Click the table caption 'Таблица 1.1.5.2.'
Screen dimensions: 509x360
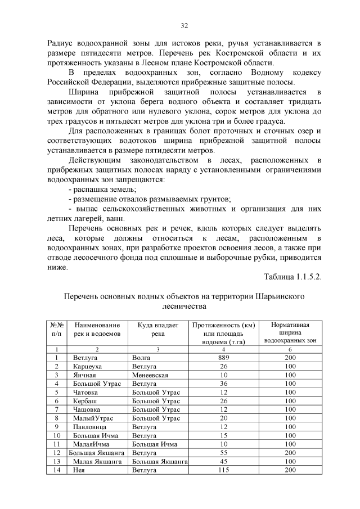292,277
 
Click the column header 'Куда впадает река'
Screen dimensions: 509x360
158,330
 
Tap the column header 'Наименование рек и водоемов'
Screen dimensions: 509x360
97,330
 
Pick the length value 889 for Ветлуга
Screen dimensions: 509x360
223,358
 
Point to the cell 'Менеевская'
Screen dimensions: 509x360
150,375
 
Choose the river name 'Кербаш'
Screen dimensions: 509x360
85,401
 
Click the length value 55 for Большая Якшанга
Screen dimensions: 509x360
223,453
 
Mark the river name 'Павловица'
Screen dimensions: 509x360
88,427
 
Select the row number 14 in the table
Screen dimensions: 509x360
57,470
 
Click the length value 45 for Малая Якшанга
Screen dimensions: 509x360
223,461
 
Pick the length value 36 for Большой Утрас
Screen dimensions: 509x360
223,384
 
